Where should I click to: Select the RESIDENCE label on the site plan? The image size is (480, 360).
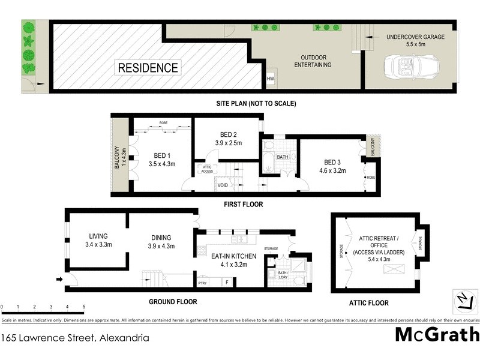(x=148, y=67)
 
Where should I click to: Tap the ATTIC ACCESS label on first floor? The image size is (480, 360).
(x=207, y=170)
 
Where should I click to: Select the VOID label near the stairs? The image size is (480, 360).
(x=223, y=186)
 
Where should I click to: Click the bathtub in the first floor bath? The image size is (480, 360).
(x=268, y=163)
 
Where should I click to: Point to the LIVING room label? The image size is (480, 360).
(x=98, y=240)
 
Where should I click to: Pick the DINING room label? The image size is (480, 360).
(x=161, y=241)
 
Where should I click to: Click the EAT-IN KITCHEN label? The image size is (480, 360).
(x=233, y=260)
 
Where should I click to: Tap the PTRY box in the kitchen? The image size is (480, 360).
(x=202, y=282)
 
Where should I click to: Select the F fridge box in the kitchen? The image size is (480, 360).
(x=227, y=281)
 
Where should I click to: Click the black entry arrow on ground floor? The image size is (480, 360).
(x=58, y=279)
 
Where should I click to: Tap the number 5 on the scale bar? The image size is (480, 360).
(x=83, y=307)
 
